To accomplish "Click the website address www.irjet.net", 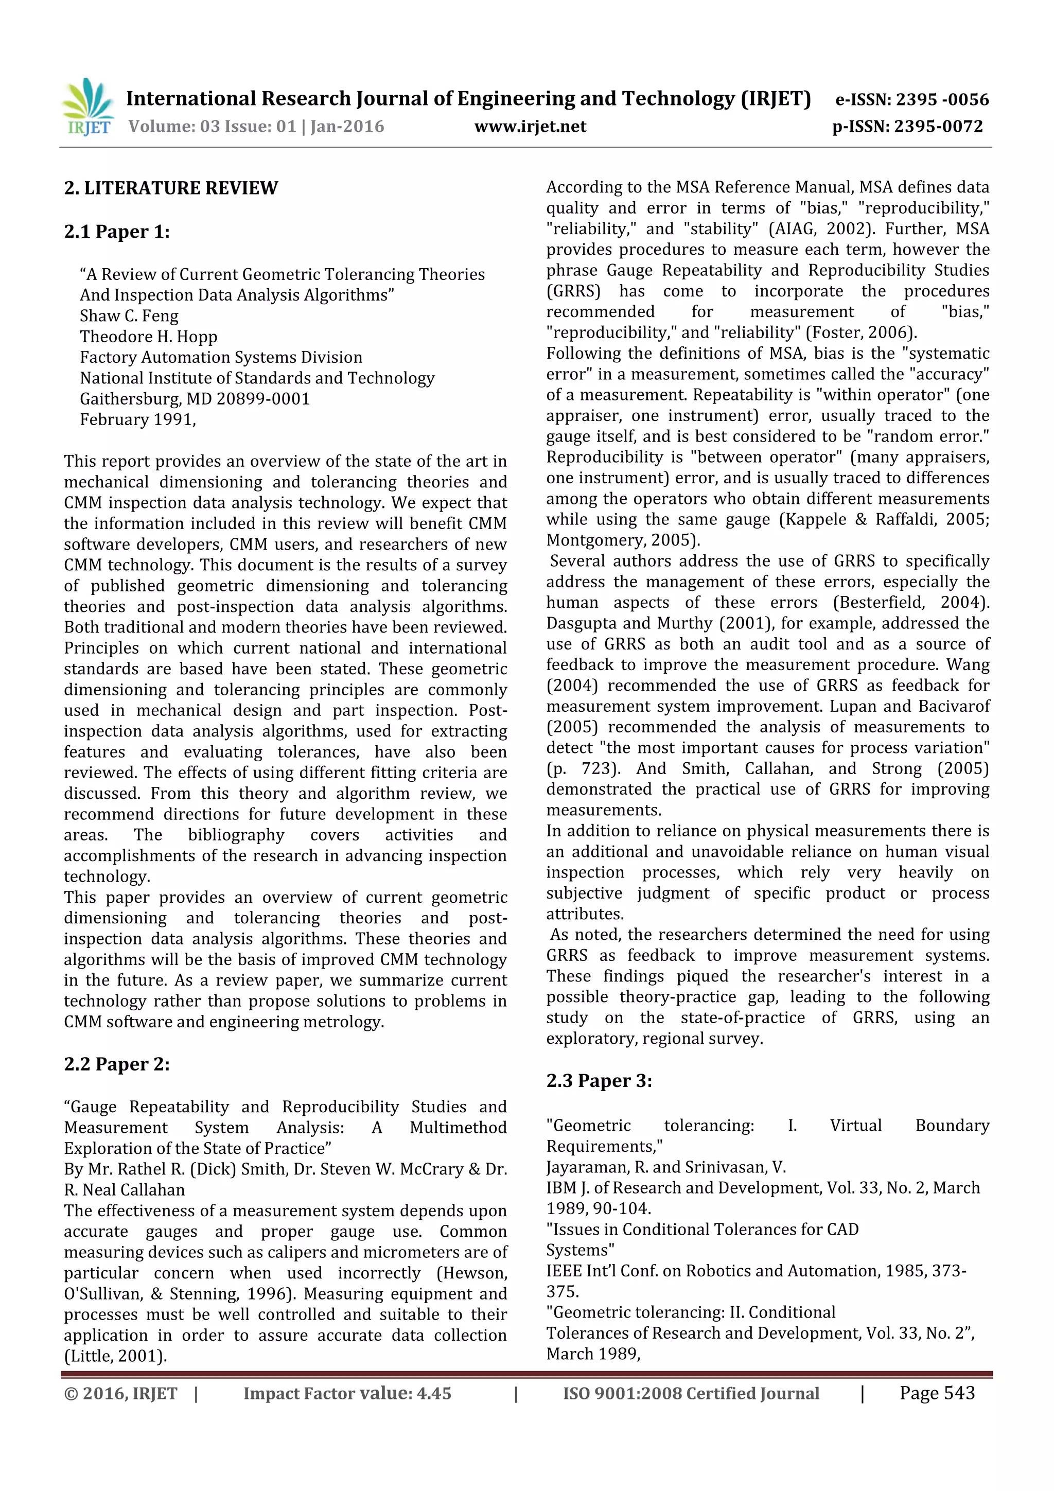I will (530, 127).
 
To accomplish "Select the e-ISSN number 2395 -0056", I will (942, 99).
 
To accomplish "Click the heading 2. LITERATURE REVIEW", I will (171, 188).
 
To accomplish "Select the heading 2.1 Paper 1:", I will (117, 232).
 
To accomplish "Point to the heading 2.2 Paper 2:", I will (117, 1064).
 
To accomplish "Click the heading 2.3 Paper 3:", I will (599, 1081).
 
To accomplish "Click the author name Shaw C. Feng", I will (129, 316).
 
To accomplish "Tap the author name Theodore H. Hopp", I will (148, 337).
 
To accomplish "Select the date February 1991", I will (137, 420).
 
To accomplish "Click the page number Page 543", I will (937, 1392).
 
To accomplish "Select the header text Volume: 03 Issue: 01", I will (212, 127).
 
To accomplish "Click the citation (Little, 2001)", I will (115, 1356).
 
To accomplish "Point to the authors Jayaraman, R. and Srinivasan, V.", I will (665, 1167).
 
